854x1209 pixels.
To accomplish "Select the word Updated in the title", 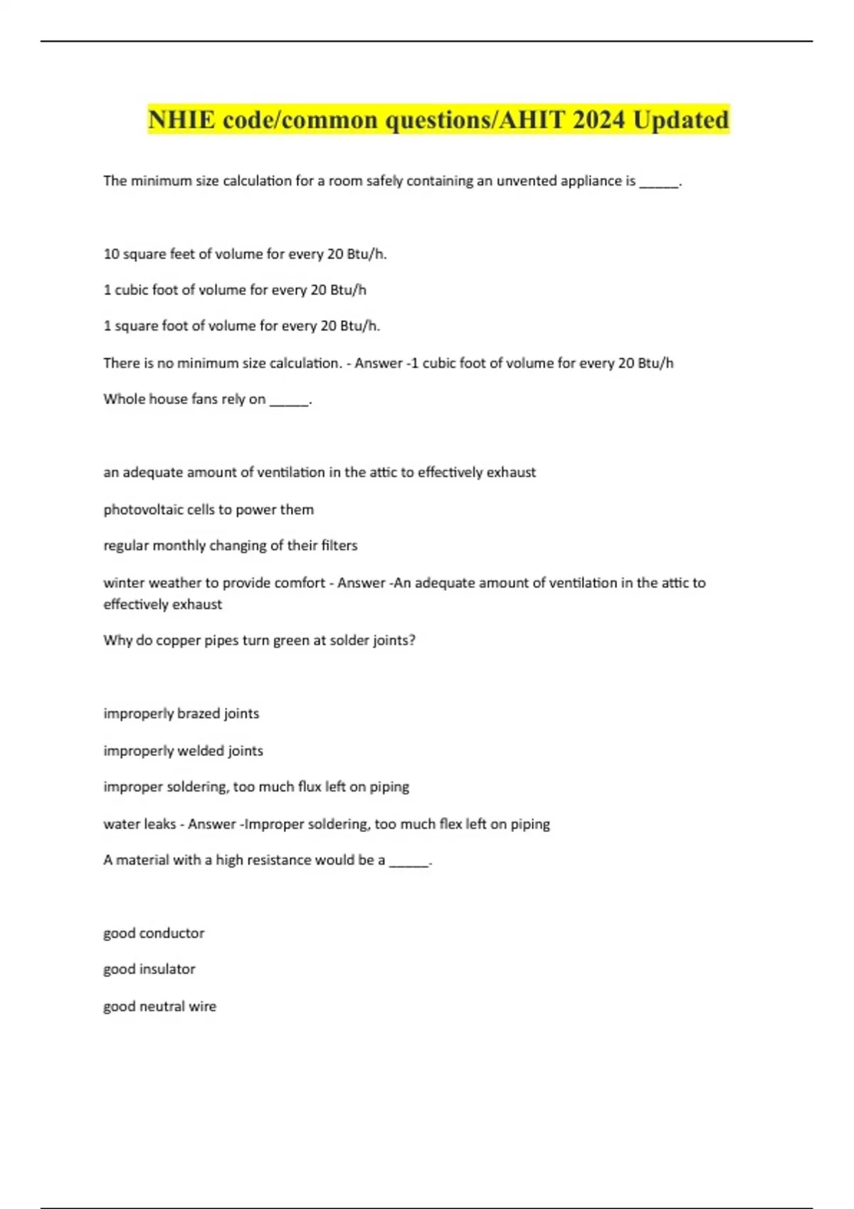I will (x=681, y=119).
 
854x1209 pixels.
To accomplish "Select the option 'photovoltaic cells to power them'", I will (x=209, y=509).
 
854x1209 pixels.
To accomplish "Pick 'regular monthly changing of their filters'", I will (x=230, y=545).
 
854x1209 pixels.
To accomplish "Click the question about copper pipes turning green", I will (x=259, y=640).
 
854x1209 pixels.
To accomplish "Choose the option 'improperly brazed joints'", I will (x=181, y=713).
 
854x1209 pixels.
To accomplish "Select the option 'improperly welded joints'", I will (x=183, y=750).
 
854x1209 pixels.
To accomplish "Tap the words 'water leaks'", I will (x=139, y=824).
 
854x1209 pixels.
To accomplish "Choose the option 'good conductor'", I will (x=154, y=933).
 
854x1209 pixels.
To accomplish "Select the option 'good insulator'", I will (x=149, y=969).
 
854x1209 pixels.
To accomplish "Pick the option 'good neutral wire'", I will (x=159, y=1006).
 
